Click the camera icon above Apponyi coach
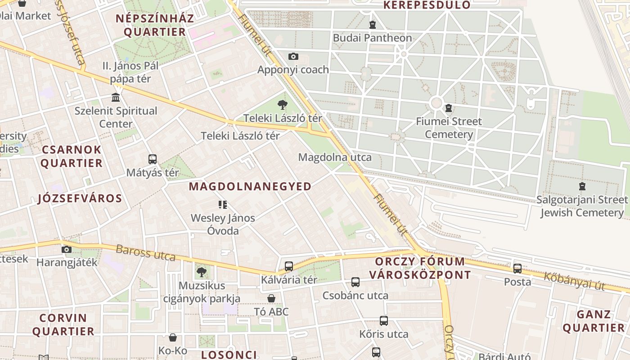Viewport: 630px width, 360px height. [293, 57]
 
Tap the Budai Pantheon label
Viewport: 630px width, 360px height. [372, 38]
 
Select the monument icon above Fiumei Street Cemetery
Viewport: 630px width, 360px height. [448, 108]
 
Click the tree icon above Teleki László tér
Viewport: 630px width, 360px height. [282, 105]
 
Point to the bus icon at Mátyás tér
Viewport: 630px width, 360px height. [153, 159]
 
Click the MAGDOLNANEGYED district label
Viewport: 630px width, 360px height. [250, 186]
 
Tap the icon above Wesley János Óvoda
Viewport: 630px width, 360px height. [222, 205]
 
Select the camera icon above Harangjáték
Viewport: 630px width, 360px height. [67, 249]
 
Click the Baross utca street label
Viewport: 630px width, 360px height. [145, 253]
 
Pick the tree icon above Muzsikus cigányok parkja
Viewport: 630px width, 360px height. [201, 272]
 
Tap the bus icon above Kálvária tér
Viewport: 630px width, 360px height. [289, 266]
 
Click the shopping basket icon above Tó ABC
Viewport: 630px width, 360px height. [271, 298]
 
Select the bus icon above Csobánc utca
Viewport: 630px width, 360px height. [355, 283]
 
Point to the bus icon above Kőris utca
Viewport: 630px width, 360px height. [384, 321]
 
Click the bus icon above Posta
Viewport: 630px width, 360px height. [517, 269]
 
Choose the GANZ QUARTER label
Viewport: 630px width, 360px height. [594, 321]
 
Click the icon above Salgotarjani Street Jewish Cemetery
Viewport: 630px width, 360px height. [582, 186]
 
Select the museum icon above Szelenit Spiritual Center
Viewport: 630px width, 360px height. [116, 97]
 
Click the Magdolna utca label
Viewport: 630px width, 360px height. [335, 157]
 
